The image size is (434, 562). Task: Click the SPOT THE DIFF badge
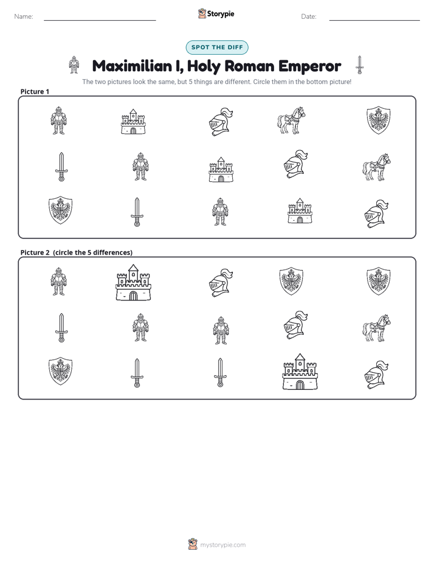(217, 47)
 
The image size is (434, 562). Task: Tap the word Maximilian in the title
(132, 66)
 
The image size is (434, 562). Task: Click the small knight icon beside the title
(74, 65)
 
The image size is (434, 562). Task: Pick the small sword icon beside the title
(359, 65)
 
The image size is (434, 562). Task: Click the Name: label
(24, 16)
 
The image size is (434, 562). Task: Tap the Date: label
(309, 16)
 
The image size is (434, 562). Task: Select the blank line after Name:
(100, 20)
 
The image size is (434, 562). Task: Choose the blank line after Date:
(374, 20)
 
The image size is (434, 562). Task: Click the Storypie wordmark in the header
(221, 14)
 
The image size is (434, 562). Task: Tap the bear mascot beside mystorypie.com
(193, 544)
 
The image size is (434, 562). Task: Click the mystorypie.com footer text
(222, 545)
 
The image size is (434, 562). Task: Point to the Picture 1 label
(35, 91)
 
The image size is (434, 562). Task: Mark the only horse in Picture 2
(376, 328)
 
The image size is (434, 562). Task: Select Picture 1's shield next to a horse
(379, 120)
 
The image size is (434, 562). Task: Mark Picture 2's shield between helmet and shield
(291, 281)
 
